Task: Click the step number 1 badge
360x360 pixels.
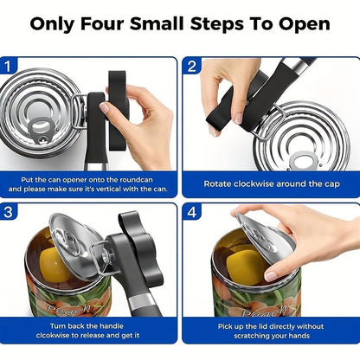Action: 10,64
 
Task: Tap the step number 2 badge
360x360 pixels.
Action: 190,64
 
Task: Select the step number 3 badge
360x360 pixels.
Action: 10,210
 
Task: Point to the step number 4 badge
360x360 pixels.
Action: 190,210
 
